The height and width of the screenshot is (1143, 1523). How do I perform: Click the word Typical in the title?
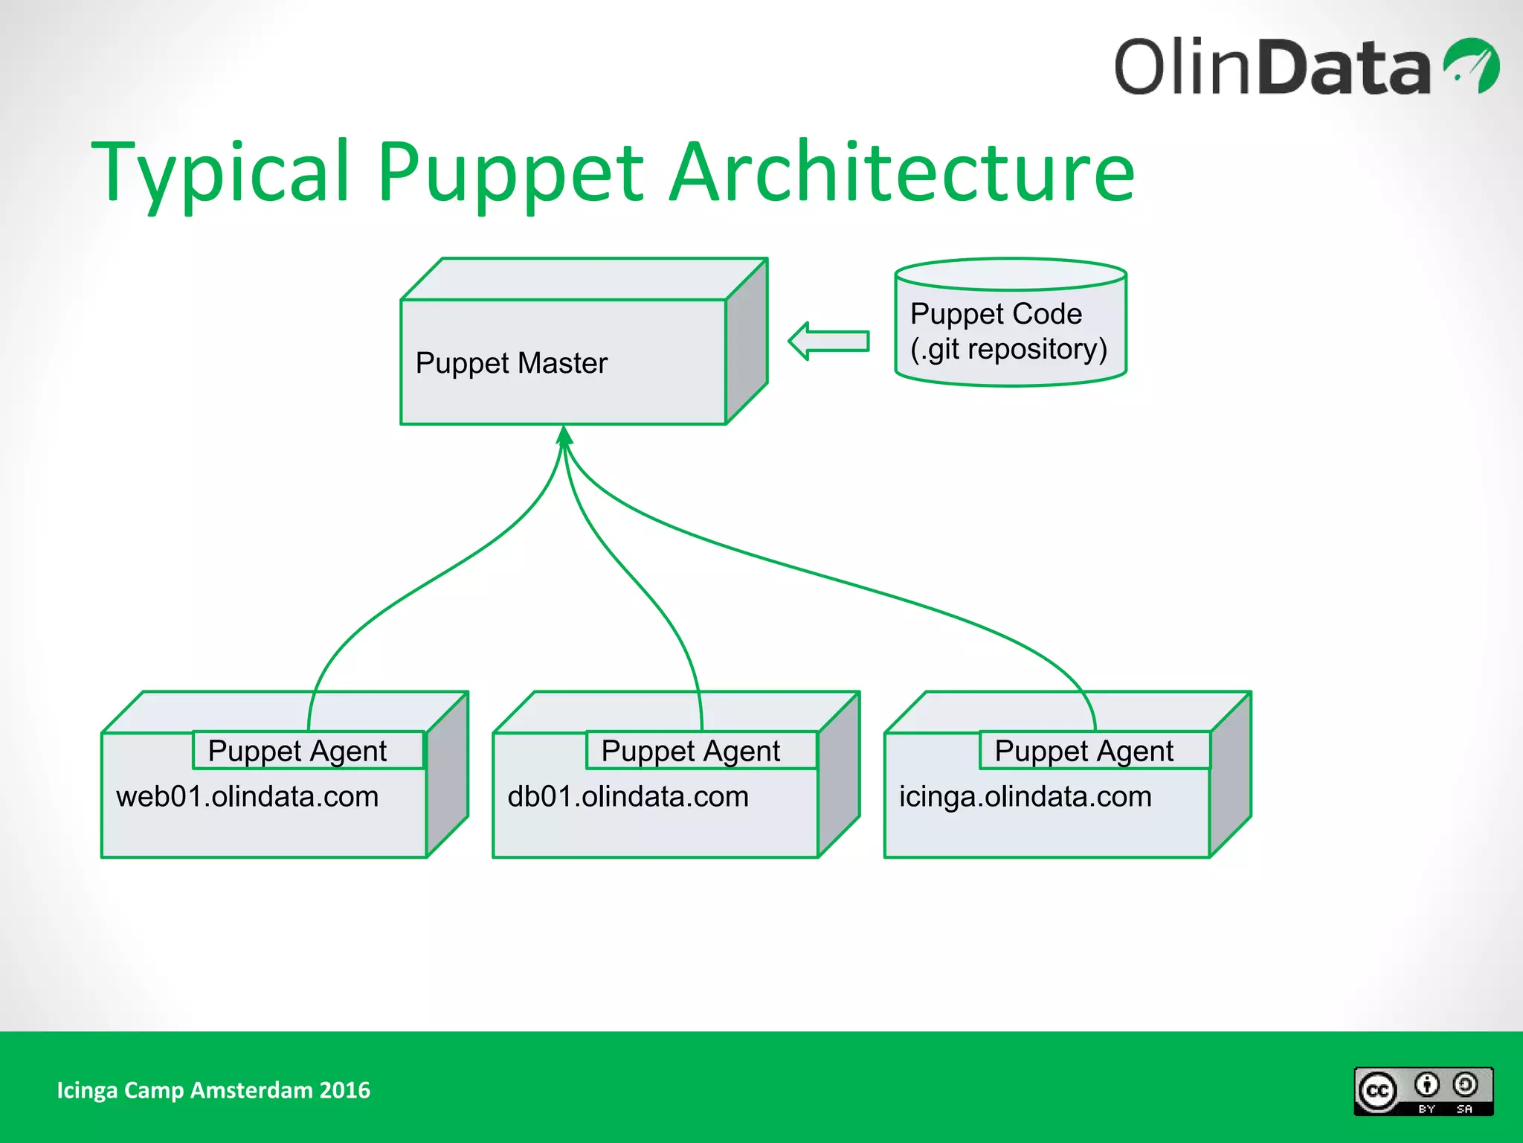click(219, 173)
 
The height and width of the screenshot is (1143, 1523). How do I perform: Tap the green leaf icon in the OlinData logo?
click(1472, 65)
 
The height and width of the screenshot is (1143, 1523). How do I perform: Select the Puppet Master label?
click(511, 363)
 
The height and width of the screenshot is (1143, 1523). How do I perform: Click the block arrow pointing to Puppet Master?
click(828, 341)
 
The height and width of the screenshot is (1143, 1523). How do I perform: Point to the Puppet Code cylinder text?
click(996, 313)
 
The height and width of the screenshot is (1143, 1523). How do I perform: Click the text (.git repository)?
click(1008, 349)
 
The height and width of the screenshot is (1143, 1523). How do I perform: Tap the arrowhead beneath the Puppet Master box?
click(564, 435)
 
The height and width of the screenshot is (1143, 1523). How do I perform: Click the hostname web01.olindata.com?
click(247, 797)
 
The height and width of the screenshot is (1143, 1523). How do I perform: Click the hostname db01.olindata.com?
click(628, 797)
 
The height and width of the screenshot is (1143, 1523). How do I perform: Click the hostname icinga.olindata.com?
click(1025, 797)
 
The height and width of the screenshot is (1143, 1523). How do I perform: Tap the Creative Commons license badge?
click(1423, 1091)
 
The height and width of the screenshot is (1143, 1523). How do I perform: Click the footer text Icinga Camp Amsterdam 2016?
click(213, 1090)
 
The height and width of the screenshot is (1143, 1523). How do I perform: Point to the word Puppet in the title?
click(510, 173)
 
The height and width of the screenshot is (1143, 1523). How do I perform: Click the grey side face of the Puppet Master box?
click(747, 342)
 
